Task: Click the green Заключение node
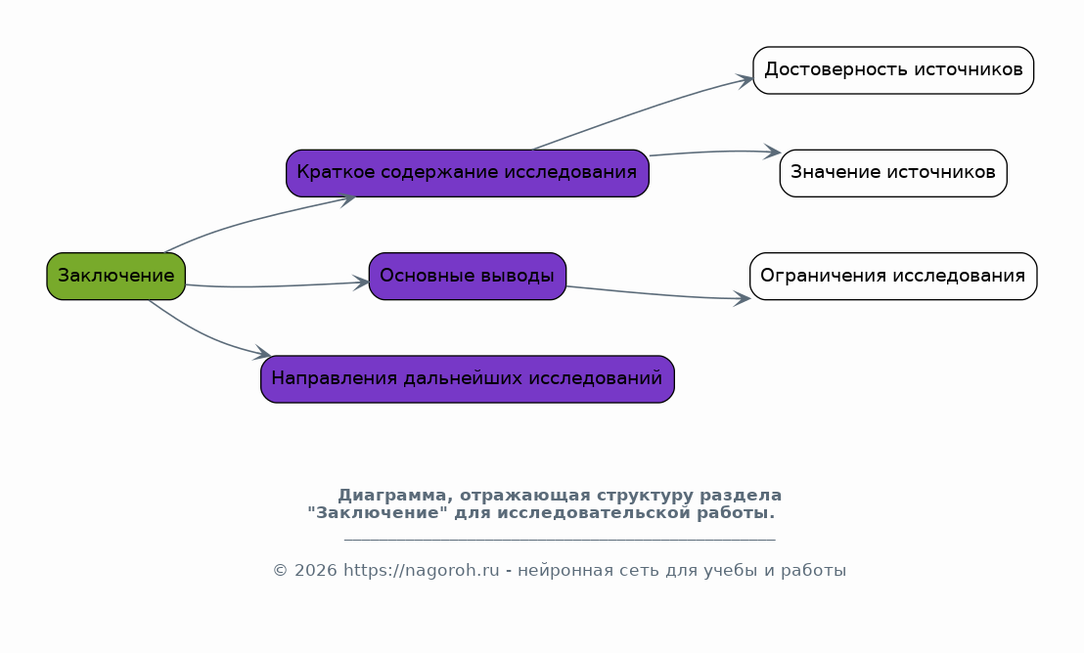pyautogui.click(x=116, y=277)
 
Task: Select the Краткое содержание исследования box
pyautogui.click(x=468, y=173)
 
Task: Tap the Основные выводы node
pyautogui.click(x=468, y=277)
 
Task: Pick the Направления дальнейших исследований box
pyautogui.click(x=468, y=379)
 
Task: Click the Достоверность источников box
pyautogui.click(x=893, y=70)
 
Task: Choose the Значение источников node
pyautogui.click(x=893, y=173)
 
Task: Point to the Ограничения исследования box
pyautogui.click(x=893, y=277)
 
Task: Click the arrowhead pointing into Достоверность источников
pyautogui.click(x=745, y=81)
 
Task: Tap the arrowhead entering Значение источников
pyautogui.click(x=772, y=152)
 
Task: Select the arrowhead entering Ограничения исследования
pyautogui.click(x=742, y=298)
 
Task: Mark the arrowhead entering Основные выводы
pyautogui.click(x=361, y=282)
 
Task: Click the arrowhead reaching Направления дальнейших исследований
pyautogui.click(x=262, y=354)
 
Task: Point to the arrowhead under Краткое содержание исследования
pyautogui.click(x=345, y=199)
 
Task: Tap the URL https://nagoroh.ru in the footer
pyautogui.click(x=421, y=571)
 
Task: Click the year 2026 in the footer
pyautogui.click(x=315, y=571)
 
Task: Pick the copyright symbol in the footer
pyautogui.click(x=280, y=571)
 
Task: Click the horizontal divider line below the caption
pyautogui.click(x=560, y=539)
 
